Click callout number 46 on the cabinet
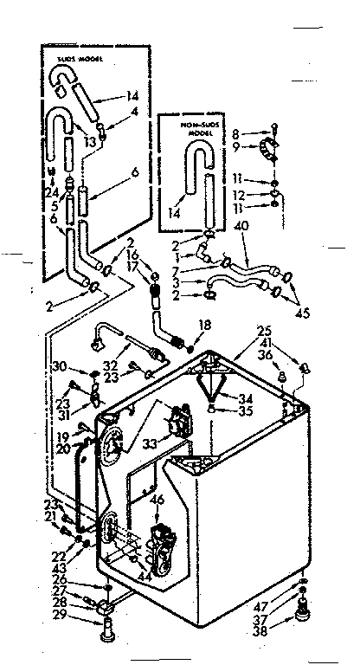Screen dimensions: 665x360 [157, 501]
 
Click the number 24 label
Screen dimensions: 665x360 [51, 191]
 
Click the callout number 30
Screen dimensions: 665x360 [60, 366]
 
